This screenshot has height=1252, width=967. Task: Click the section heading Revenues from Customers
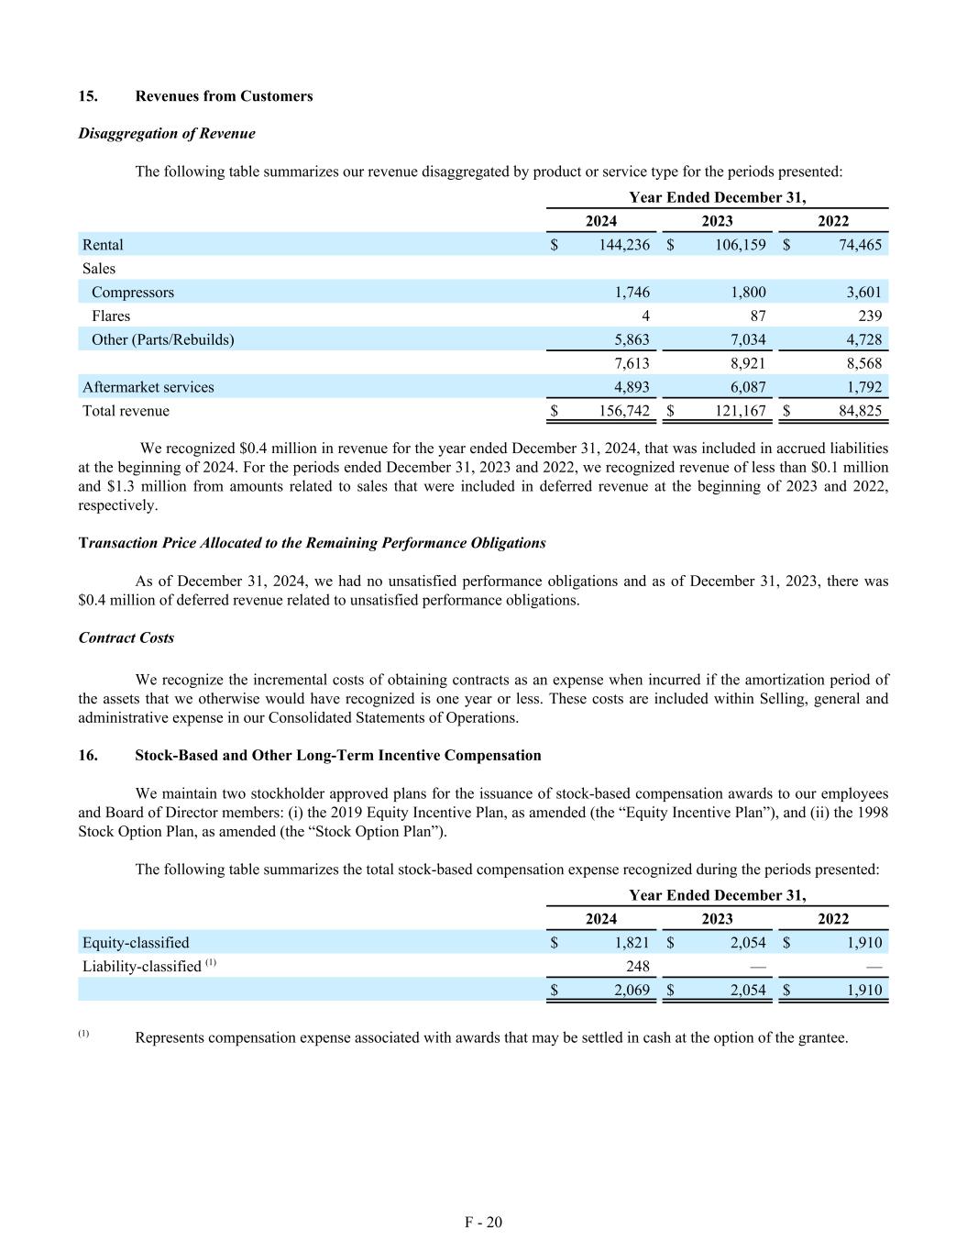click(x=224, y=96)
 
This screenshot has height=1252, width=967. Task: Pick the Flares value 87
click(x=756, y=316)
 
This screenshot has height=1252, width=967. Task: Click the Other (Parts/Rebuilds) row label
click(x=162, y=339)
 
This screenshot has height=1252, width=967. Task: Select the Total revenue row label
click(x=126, y=411)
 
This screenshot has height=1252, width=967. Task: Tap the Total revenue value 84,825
click(x=859, y=411)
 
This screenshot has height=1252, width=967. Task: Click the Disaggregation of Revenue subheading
click(x=167, y=134)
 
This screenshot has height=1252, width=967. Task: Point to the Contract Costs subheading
click(x=126, y=637)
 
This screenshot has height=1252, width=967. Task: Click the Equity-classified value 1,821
click(x=632, y=943)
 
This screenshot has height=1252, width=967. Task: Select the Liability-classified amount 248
click(x=637, y=966)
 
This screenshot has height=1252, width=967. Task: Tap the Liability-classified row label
click(x=141, y=966)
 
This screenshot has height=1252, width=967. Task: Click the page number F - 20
click(x=483, y=1222)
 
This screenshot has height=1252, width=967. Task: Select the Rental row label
click(x=103, y=245)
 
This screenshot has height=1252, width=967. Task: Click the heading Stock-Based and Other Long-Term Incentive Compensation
click(x=337, y=756)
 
